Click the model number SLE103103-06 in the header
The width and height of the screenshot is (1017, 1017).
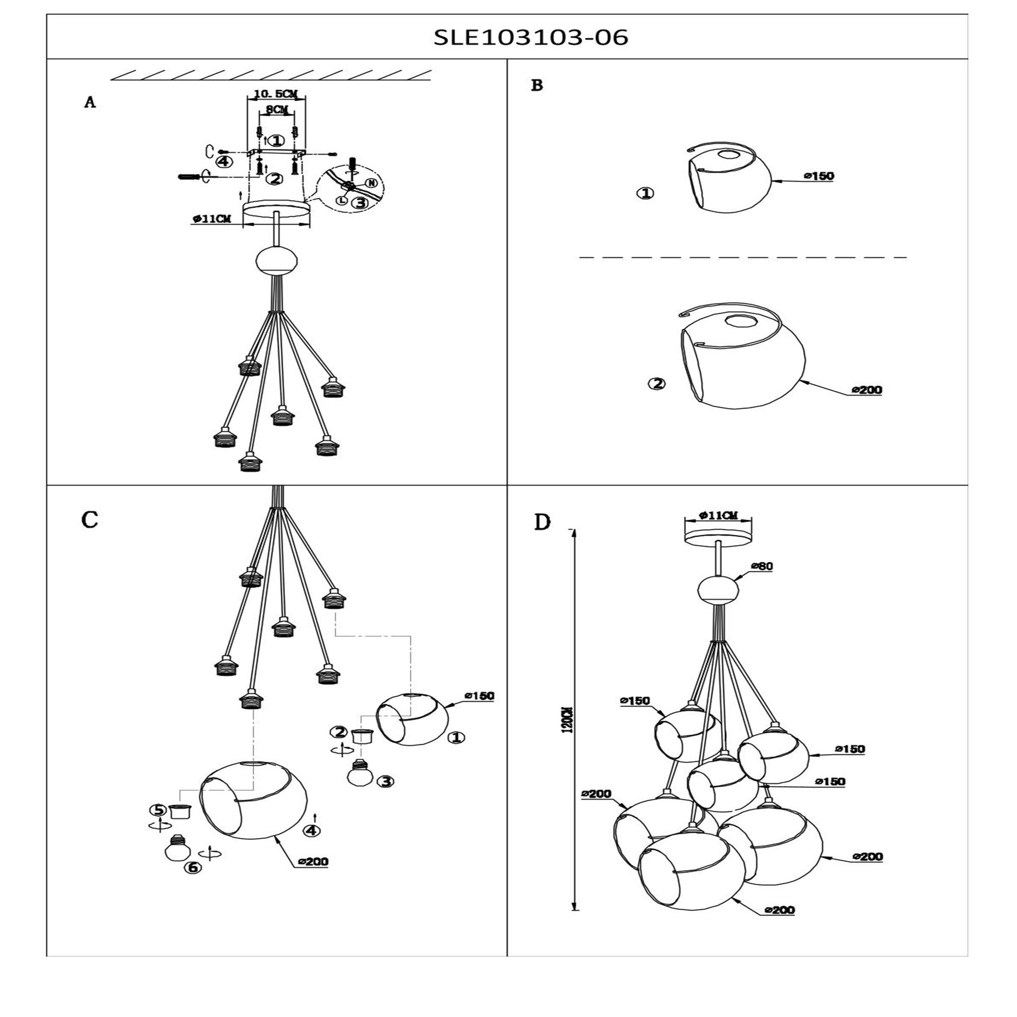click(x=530, y=37)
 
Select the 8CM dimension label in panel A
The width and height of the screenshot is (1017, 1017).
click(x=277, y=109)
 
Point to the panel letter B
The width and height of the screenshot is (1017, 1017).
click(x=537, y=85)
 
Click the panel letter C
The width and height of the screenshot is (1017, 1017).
click(x=90, y=520)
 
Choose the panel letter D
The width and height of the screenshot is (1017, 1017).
click(x=542, y=522)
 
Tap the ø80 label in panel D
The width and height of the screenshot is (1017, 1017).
click(x=762, y=566)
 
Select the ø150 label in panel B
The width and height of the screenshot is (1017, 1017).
click(x=819, y=176)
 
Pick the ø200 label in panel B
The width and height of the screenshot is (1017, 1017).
click(x=866, y=390)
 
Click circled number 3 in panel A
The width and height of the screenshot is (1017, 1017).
click(x=360, y=203)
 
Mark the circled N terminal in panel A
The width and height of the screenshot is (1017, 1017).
click(x=371, y=183)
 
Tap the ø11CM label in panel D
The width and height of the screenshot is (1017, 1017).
click(x=718, y=516)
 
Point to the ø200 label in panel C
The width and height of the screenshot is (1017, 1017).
click(x=313, y=862)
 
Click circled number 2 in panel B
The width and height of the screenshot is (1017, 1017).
click(x=656, y=384)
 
